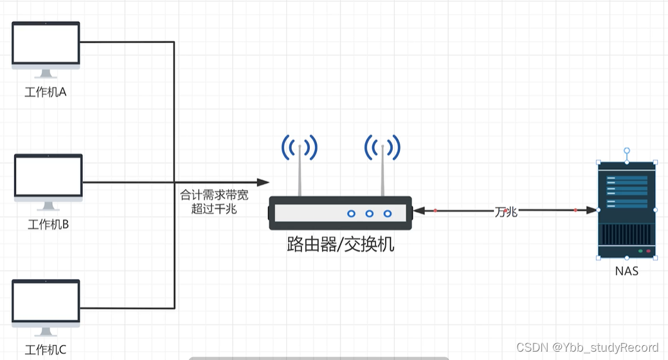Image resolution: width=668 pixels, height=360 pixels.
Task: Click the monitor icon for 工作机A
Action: click(46, 44)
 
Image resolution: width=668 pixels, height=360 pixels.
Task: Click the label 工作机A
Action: click(46, 93)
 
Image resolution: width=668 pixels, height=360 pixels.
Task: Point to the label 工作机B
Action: click(48, 224)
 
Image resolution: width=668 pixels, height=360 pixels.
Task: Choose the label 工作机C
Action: click(46, 350)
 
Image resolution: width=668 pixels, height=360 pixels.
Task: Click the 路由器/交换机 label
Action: click(340, 245)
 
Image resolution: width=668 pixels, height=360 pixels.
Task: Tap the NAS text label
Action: click(626, 271)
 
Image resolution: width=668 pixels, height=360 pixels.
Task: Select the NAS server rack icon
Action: click(627, 209)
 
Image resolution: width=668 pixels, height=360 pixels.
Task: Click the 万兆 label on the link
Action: click(505, 212)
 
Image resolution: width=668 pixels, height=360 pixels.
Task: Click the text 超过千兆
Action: click(214, 210)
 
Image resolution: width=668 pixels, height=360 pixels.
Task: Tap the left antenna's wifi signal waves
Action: click(299, 148)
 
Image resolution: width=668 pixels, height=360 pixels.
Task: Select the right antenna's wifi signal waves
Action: click(383, 148)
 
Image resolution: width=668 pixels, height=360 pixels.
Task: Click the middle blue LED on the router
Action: click(369, 213)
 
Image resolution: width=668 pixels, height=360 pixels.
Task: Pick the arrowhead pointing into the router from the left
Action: click(263, 183)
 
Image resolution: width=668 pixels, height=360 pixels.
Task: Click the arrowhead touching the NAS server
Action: click(591, 210)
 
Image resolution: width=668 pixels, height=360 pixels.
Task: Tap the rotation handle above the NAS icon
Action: click(627, 150)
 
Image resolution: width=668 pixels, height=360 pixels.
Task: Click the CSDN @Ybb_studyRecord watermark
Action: click(588, 347)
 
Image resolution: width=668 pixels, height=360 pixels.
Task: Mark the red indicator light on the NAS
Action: click(648, 251)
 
